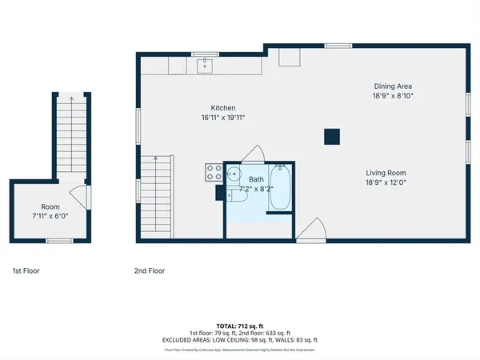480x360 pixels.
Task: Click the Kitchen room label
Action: click(x=222, y=108)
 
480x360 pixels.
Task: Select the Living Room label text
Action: click(x=386, y=173)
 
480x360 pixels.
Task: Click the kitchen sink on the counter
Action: click(x=206, y=65)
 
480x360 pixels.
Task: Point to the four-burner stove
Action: click(x=214, y=172)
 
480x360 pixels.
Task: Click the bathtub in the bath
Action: click(x=280, y=188)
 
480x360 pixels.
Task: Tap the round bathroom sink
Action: click(x=234, y=174)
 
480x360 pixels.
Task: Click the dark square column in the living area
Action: click(x=332, y=137)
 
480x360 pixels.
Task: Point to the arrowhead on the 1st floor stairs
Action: click(x=70, y=99)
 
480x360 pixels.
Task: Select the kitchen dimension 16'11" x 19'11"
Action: click(x=222, y=118)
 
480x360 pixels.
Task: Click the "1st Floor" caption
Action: click(x=26, y=271)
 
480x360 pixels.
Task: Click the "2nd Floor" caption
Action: click(x=149, y=271)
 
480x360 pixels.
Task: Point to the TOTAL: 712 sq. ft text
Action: click(x=240, y=326)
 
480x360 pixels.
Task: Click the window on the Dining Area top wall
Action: click(x=337, y=45)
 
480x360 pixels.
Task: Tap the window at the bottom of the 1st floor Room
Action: click(x=58, y=241)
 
